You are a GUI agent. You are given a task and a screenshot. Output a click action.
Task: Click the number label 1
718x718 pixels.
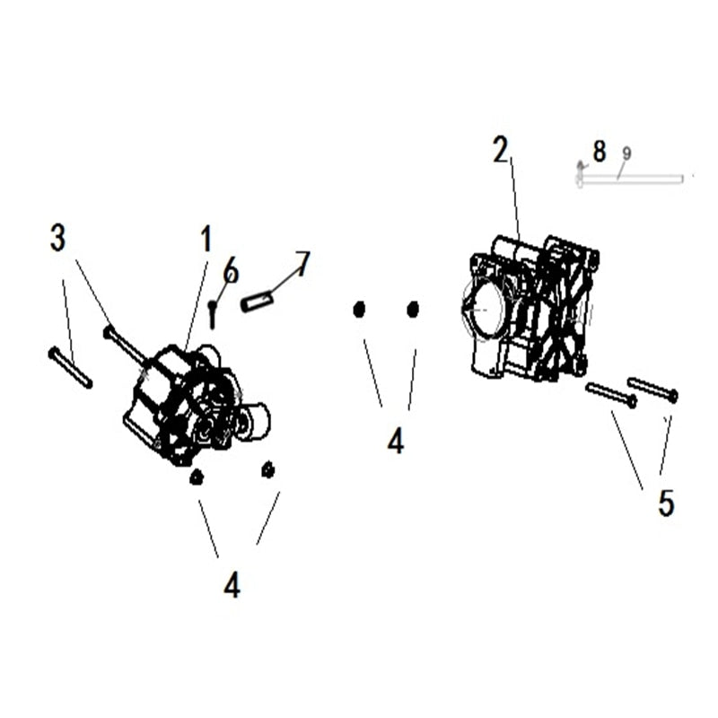pyautogui.click(x=206, y=240)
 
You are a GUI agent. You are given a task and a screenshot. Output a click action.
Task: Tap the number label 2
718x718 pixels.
pyautogui.click(x=501, y=150)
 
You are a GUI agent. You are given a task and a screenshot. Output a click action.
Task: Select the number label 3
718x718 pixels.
pyautogui.click(x=57, y=238)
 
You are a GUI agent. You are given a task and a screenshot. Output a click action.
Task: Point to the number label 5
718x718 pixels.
pyautogui.click(x=665, y=503)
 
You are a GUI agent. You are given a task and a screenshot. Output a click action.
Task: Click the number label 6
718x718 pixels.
pyautogui.click(x=231, y=269)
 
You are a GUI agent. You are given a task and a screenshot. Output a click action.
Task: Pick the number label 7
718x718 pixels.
pyautogui.click(x=302, y=263)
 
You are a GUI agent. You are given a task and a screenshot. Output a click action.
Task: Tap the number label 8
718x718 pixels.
pyautogui.click(x=599, y=151)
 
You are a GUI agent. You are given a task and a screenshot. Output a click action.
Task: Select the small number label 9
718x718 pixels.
pyautogui.click(x=626, y=153)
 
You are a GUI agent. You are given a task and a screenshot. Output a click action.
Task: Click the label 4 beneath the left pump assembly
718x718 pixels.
pyautogui.click(x=232, y=585)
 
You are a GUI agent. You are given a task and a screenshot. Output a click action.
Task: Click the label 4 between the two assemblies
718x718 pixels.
pyautogui.click(x=395, y=440)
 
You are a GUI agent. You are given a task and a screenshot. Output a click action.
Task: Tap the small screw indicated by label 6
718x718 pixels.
pyautogui.click(x=213, y=313)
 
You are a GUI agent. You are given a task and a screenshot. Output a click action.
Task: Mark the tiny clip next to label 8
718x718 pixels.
pyautogui.click(x=581, y=166)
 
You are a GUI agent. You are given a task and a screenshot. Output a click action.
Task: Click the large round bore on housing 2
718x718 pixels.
pyautogui.click(x=483, y=308)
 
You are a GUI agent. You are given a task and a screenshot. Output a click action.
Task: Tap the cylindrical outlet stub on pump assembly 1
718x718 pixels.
pyautogui.click(x=254, y=421)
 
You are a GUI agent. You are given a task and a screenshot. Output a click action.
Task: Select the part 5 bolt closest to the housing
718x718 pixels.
pyautogui.click(x=610, y=395)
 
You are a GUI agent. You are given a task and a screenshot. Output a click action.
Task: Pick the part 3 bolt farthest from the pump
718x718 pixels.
pyautogui.click(x=70, y=368)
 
